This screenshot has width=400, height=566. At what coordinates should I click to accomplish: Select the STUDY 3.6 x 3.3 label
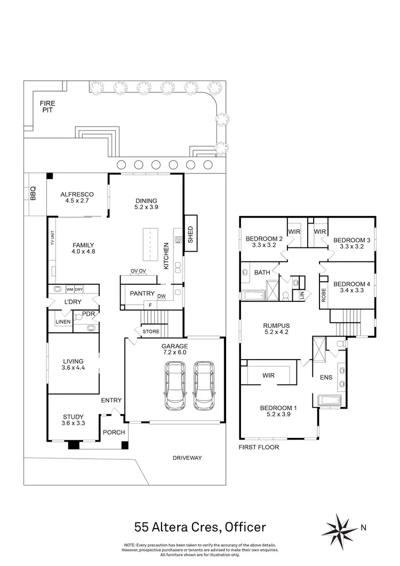pyautogui.click(x=73, y=420)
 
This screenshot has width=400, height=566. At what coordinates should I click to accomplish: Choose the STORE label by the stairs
pyautogui.click(x=151, y=332)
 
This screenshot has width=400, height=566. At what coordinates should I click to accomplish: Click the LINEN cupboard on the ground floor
pyautogui.click(x=63, y=322)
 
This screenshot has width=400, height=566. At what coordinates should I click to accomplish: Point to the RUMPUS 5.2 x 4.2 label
pyautogui.click(x=276, y=329)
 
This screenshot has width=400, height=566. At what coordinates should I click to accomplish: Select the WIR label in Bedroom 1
pyautogui.click(x=268, y=376)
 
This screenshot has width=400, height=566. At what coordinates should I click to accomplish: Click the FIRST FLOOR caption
pyautogui.click(x=259, y=447)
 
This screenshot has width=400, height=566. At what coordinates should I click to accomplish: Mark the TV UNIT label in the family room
pyautogui.click(x=52, y=238)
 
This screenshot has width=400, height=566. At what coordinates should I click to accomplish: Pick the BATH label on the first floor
pyautogui.click(x=262, y=272)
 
